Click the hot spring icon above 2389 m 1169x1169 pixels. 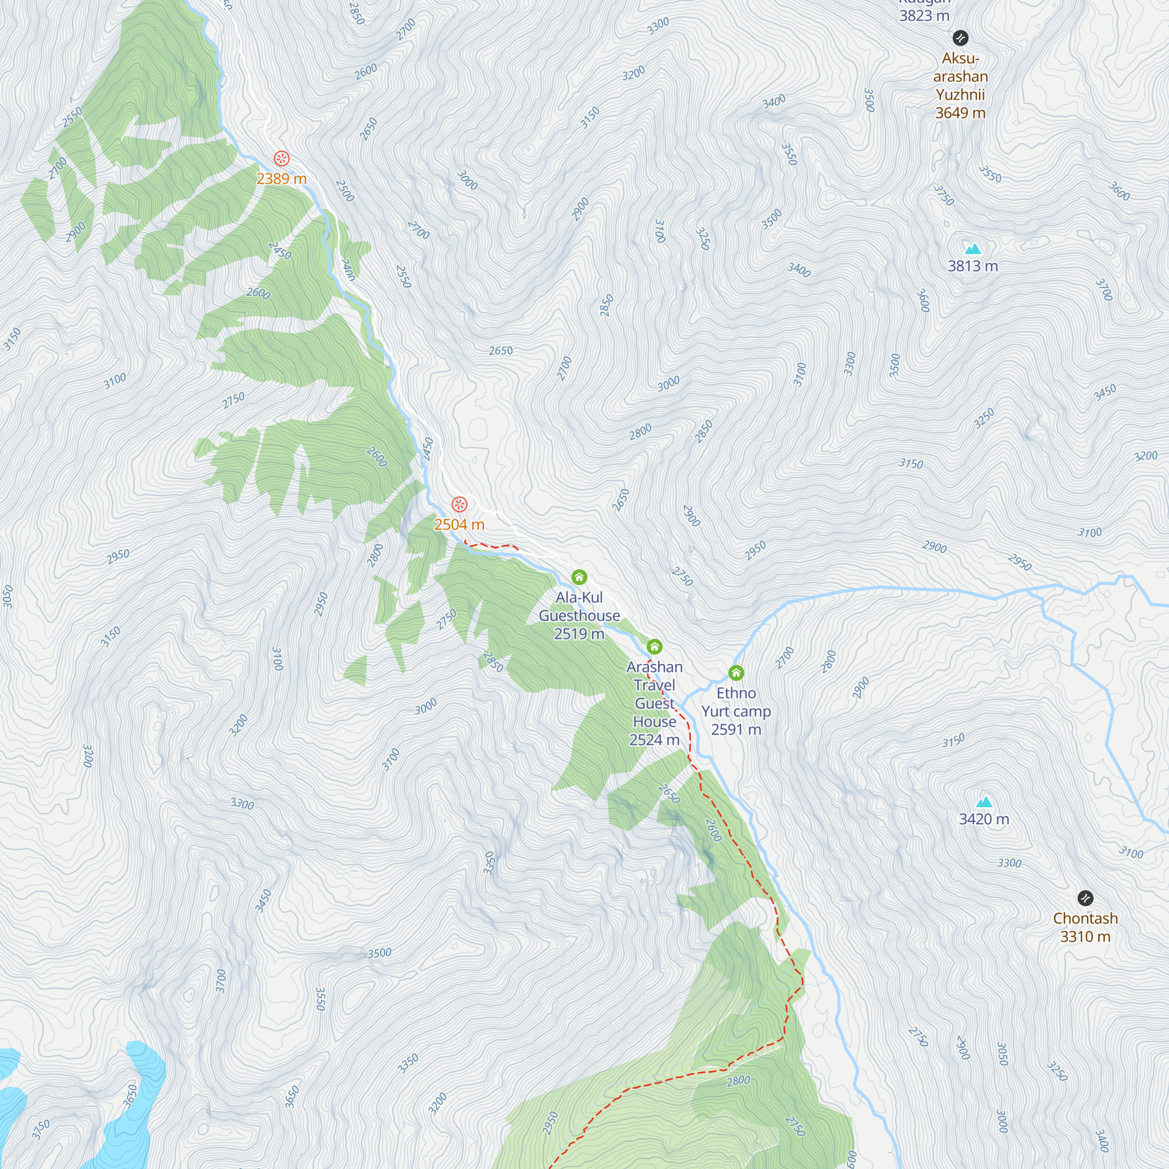pos(281,158)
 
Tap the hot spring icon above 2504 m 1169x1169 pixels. pos(459,504)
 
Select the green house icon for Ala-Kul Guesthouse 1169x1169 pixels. pos(579,577)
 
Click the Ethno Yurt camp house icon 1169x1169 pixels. pos(736,673)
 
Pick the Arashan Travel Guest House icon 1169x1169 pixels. pos(654,647)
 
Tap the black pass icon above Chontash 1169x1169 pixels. pos(1085,898)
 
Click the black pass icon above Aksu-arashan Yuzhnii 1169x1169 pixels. pos(960,38)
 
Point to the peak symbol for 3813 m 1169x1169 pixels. pos(973,248)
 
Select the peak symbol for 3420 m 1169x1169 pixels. pos(984,803)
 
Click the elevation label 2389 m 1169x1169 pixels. pos(281,178)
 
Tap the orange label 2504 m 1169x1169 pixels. pos(459,525)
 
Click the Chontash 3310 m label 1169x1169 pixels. pos(1085,928)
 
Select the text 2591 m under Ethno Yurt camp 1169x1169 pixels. pos(736,729)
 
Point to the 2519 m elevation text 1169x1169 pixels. pos(579,634)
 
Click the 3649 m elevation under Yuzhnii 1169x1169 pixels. pos(960,113)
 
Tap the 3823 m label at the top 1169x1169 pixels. pos(924,16)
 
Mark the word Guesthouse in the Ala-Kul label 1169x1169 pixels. pos(579,615)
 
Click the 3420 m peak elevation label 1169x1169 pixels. pos(984,819)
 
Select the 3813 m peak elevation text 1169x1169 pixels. pos(973,266)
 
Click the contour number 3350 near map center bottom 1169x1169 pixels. pos(489,863)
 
